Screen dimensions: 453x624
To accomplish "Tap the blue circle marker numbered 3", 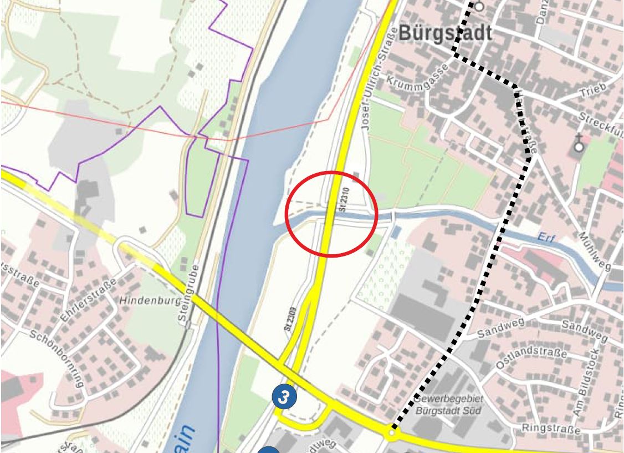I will click(x=284, y=397).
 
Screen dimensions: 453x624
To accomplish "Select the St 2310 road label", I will click(x=344, y=198).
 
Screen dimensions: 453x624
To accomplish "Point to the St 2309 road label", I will click(x=290, y=319).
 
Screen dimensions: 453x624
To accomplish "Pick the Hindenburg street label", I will click(x=151, y=300).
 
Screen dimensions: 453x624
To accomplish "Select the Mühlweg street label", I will click(x=594, y=251).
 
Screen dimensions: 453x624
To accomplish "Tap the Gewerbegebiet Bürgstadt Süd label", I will click(x=448, y=405).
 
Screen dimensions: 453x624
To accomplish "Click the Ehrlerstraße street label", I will click(x=89, y=300).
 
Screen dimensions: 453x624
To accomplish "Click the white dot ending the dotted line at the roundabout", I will click(x=392, y=431).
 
